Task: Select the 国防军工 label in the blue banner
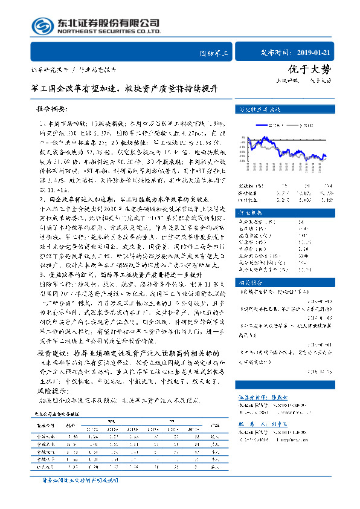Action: [x=214, y=53]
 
